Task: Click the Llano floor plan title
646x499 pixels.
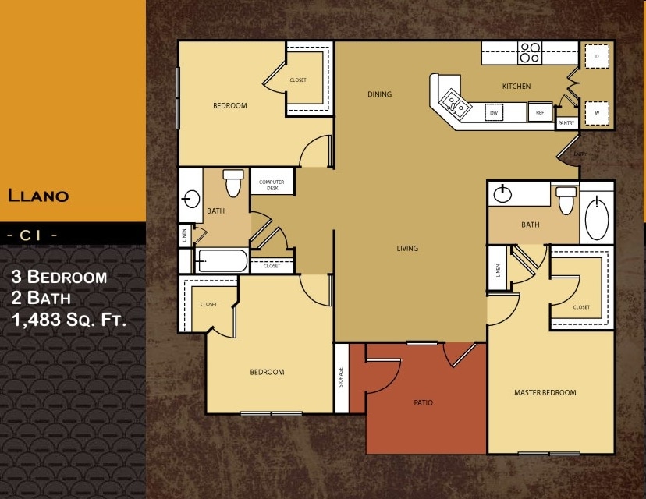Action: pyautogui.click(x=38, y=195)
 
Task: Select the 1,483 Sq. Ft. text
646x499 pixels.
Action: pyautogui.click(x=69, y=318)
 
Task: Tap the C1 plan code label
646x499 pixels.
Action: pyautogui.click(x=31, y=233)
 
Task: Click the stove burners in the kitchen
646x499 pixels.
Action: pyautogui.click(x=531, y=52)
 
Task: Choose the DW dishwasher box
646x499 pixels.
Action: pyautogui.click(x=493, y=113)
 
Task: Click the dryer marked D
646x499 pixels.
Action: pyautogui.click(x=597, y=57)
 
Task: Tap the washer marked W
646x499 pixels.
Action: pyautogui.click(x=597, y=113)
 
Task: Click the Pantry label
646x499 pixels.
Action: pyautogui.click(x=566, y=123)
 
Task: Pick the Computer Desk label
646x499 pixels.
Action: pyautogui.click(x=272, y=185)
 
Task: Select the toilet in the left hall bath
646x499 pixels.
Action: pyautogui.click(x=233, y=184)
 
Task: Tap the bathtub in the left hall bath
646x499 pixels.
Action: pyautogui.click(x=222, y=260)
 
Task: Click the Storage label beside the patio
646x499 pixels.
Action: pyautogui.click(x=341, y=378)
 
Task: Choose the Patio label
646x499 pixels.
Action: pyautogui.click(x=424, y=402)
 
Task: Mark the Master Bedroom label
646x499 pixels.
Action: pyautogui.click(x=545, y=392)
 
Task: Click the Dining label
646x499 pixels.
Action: pyautogui.click(x=380, y=94)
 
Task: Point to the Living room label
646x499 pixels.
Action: pyautogui.click(x=407, y=249)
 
